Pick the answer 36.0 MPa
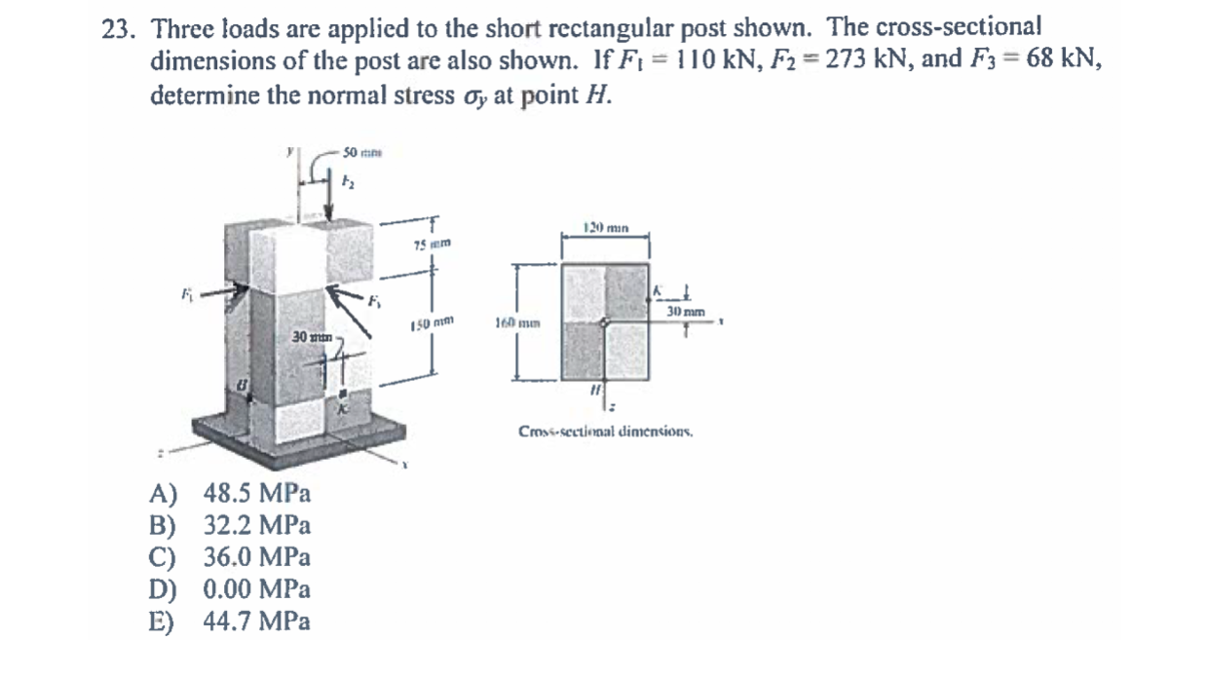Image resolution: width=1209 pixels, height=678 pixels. [256, 558]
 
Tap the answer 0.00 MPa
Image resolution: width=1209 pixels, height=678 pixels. [256, 589]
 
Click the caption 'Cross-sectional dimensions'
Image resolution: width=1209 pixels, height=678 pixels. [606, 431]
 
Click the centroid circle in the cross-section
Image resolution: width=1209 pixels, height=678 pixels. [605, 321]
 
